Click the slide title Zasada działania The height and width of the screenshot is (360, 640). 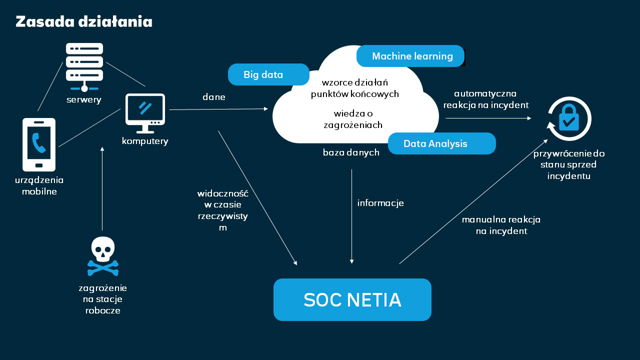point(84,22)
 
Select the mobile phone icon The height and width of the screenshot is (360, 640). point(39,144)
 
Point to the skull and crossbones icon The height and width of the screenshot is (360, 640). point(103,256)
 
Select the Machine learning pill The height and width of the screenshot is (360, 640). point(410,56)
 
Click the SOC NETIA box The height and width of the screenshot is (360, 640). point(352,299)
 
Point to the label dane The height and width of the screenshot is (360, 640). point(214,97)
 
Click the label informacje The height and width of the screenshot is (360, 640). point(380,203)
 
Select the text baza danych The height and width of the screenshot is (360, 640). point(351,152)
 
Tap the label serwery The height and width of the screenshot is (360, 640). point(84,99)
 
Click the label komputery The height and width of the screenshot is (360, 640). point(145,141)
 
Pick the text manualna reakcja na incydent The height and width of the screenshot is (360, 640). point(501,225)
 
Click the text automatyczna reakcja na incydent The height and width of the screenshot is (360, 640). point(485,99)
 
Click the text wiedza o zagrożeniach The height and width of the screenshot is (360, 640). point(353,119)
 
